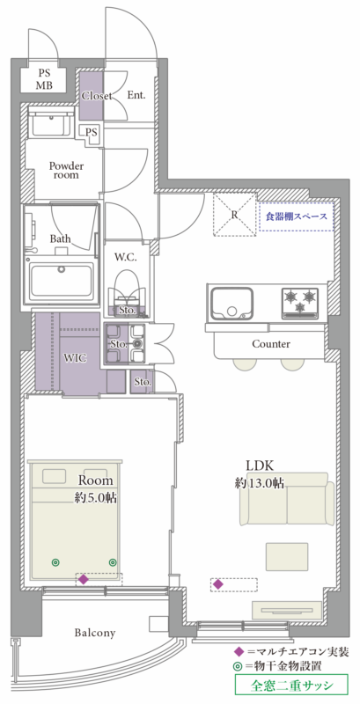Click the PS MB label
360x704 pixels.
pyautogui.click(x=44, y=79)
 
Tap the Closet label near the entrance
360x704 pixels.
pyautogui.click(x=97, y=96)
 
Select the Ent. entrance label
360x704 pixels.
pyautogui.click(x=136, y=95)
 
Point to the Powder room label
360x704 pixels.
pyautogui.click(x=66, y=170)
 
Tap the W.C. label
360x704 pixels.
pyautogui.click(x=125, y=257)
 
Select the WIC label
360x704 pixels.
pyautogui.click(x=76, y=358)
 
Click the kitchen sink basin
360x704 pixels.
pyautogui.click(x=232, y=303)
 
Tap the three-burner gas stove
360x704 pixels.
pyautogui.click(x=300, y=303)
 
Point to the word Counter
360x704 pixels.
pyautogui.click(x=271, y=344)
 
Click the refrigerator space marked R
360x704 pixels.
pyautogui.click(x=234, y=214)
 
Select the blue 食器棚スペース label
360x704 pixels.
pyautogui.click(x=297, y=216)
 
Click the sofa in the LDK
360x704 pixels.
pyautogui.click(x=287, y=498)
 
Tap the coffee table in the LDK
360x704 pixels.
pyautogui.click(x=287, y=557)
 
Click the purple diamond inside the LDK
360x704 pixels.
pyautogui.click(x=218, y=584)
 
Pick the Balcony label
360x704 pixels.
pyautogui.click(x=95, y=633)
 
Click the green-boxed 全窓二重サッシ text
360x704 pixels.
pyautogui.click(x=291, y=686)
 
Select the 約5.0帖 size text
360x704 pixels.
pyautogui.click(x=96, y=497)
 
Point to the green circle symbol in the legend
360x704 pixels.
pyautogui.click(x=239, y=667)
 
